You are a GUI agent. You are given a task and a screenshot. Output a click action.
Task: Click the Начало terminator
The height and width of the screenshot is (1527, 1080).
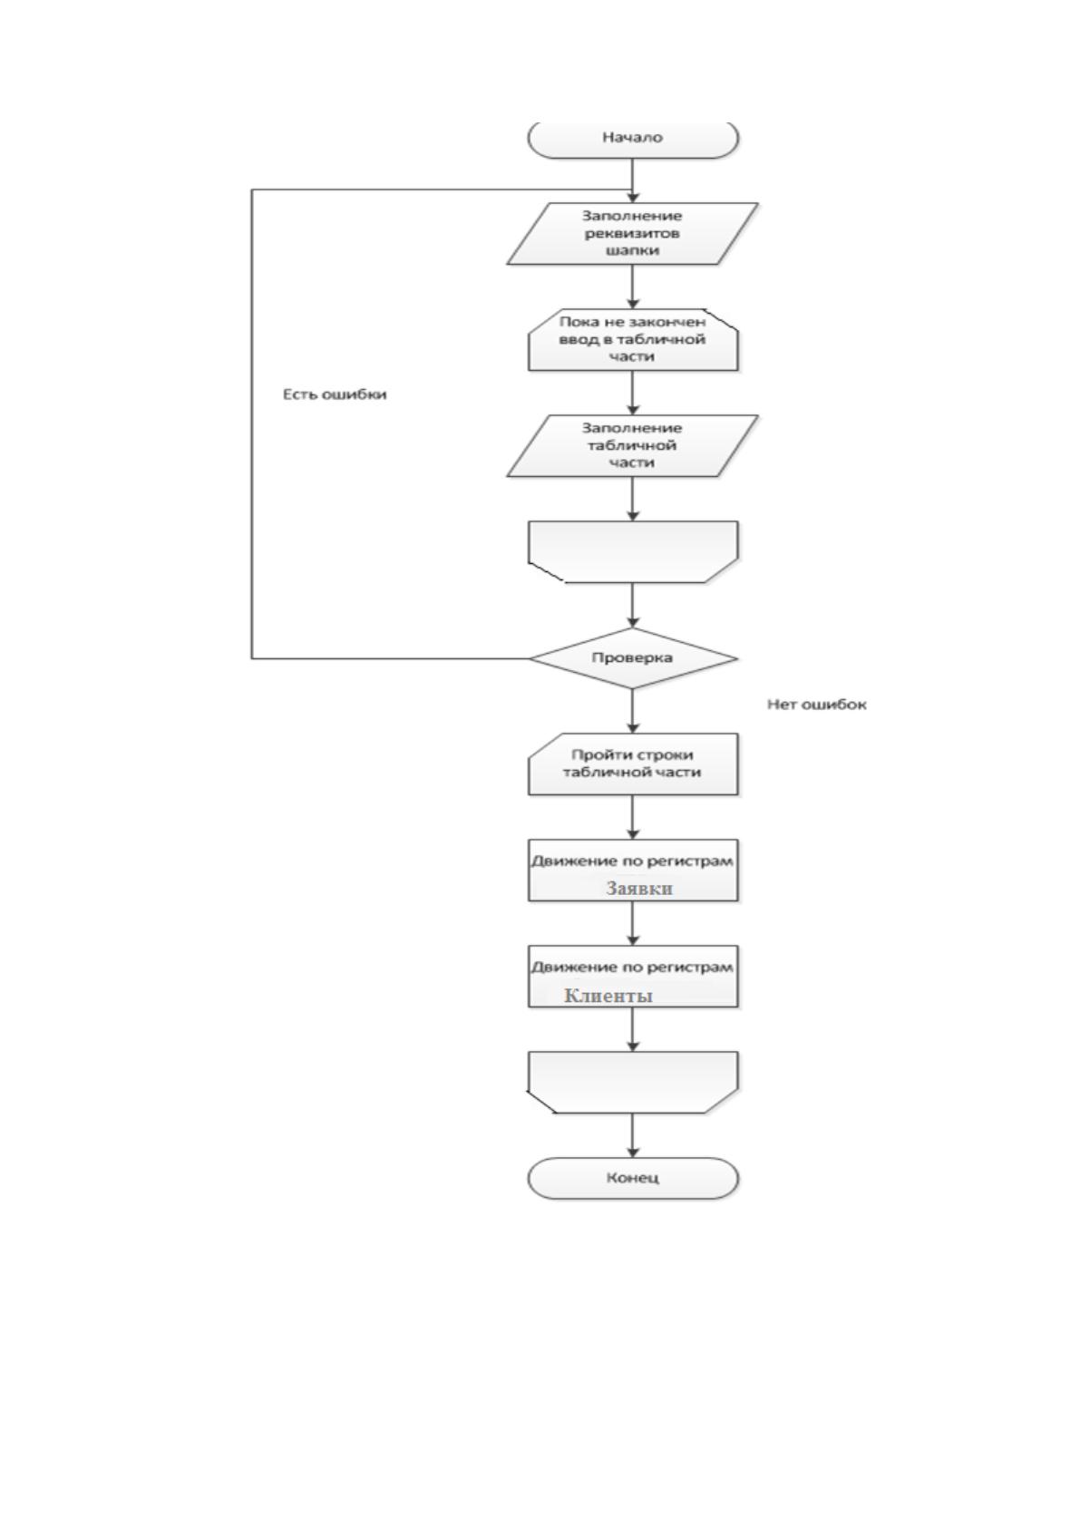[633, 139]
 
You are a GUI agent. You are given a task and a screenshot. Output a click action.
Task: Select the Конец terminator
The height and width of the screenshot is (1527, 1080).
[633, 1178]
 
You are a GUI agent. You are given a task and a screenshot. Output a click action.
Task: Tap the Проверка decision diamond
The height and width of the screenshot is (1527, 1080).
[633, 658]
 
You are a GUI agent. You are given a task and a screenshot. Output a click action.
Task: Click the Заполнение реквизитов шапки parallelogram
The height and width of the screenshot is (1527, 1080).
[633, 233]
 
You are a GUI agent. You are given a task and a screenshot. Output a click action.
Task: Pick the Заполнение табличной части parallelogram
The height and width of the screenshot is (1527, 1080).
[633, 445]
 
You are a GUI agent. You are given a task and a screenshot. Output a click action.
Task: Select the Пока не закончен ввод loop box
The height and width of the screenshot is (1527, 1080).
[633, 339]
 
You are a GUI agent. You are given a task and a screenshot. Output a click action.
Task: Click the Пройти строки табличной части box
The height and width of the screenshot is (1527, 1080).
[633, 764]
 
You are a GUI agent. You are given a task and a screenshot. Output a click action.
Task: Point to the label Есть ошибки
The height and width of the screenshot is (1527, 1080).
[335, 394]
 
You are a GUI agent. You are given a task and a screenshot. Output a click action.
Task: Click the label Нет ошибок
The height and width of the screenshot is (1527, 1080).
[817, 705]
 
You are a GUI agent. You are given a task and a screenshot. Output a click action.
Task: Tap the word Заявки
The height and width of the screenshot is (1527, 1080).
[639, 889]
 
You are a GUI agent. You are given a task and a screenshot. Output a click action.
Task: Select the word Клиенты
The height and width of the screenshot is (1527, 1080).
[608, 996]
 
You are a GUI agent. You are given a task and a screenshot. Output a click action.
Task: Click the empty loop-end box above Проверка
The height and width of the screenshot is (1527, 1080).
[633, 551]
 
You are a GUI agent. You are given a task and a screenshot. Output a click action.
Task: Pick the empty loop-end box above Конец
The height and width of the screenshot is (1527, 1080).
[633, 1083]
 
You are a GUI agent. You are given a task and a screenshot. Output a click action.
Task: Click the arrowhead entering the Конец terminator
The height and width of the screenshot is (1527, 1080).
[633, 1153]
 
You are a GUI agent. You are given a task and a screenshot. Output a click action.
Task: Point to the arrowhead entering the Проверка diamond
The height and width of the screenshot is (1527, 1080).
[633, 622]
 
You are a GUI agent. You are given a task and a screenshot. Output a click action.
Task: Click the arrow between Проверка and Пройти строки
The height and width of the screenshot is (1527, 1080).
[633, 711]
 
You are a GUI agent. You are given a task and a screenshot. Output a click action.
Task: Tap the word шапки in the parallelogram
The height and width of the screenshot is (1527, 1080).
[633, 251]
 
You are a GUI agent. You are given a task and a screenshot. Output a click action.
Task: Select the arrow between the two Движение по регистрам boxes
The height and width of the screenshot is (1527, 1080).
[633, 923]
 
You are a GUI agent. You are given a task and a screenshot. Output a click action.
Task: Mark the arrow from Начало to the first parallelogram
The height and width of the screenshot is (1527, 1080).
[633, 180]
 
